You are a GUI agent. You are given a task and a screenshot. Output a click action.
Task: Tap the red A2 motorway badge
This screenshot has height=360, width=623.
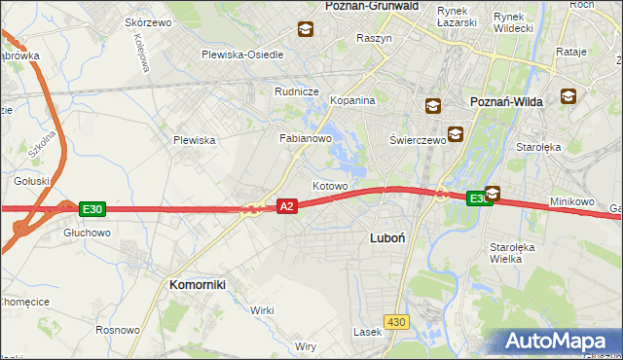pos(286,206)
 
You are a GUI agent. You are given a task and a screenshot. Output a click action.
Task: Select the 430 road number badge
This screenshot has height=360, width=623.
pos(396,322)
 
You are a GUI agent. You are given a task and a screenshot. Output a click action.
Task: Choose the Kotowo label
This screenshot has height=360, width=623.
pos(330,186)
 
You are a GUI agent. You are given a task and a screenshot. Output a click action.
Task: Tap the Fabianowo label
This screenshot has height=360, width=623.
pos(307,139)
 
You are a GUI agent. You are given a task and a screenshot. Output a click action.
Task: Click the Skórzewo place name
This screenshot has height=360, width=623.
pos(148,22)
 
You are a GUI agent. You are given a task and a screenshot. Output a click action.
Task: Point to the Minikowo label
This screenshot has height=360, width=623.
pos(571,201)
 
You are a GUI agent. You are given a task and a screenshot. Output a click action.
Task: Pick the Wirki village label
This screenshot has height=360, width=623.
pos(262,309)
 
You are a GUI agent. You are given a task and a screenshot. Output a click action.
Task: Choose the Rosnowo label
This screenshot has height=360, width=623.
pos(118,330)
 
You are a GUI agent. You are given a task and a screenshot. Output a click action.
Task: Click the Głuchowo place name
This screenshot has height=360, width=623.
pos(87,234)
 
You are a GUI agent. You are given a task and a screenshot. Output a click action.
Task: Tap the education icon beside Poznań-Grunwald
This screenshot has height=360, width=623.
pos(306,29)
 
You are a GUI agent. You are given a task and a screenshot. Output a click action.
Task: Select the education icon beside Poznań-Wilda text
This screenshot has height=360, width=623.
pos(568,97)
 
